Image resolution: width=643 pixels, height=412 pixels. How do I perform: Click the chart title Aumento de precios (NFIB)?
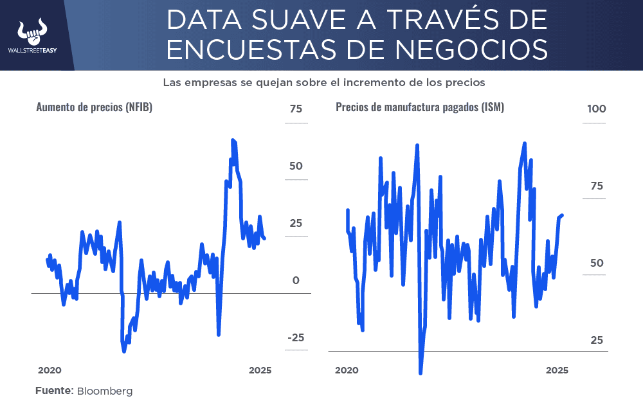[94, 107]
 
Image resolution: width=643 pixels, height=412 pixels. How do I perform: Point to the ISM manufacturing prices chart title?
[419, 107]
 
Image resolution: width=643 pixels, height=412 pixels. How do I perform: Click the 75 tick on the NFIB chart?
[295, 109]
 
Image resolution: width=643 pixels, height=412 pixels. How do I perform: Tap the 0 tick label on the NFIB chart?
[296, 281]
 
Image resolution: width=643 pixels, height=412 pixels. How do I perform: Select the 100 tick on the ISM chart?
[596, 109]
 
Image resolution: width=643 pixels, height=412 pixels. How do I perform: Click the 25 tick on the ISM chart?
[597, 339]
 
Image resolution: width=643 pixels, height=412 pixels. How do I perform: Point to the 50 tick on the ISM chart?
[597, 263]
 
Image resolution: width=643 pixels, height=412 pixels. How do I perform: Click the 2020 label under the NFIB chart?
[50, 370]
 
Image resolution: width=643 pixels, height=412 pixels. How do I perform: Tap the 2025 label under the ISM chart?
[557, 370]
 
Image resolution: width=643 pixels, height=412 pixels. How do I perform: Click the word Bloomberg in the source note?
[105, 391]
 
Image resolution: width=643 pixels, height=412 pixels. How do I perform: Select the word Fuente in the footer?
[54, 391]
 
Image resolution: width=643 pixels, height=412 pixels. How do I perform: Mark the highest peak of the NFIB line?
[233, 140]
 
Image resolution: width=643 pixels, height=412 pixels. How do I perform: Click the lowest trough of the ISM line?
[421, 372]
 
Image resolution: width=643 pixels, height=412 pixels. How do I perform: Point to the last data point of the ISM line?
[563, 215]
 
